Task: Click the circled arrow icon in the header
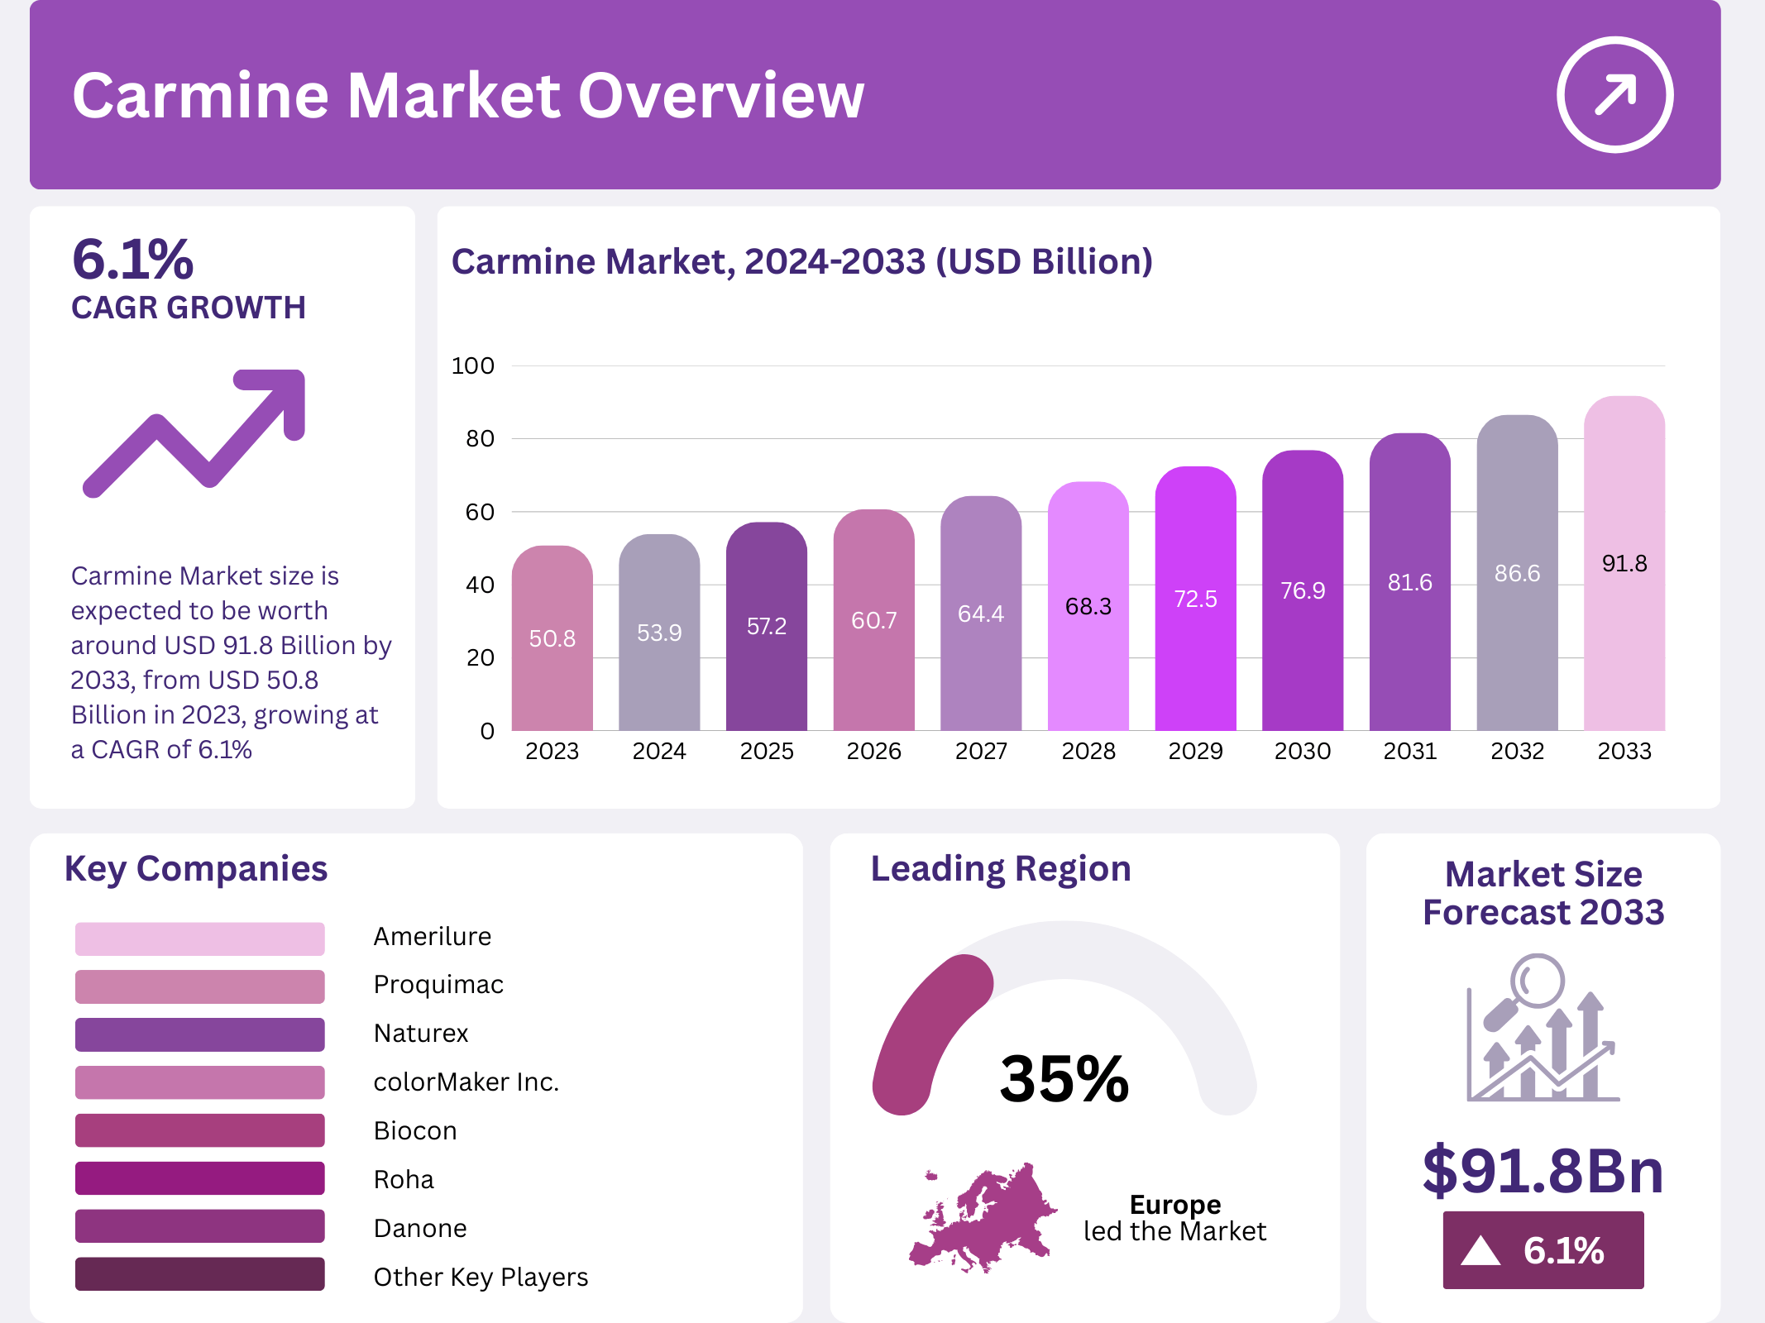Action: coord(1614,95)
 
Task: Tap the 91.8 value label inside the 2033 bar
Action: coord(1624,564)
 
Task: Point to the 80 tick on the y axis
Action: coord(480,439)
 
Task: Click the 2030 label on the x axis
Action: coord(1303,751)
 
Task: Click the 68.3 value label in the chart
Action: coord(1088,607)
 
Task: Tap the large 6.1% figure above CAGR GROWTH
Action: coord(132,260)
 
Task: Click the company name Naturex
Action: coord(421,1034)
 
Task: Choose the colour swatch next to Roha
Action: coord(199,1178)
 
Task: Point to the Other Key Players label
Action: coord(481,1277)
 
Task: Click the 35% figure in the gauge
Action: coord(1064,1079)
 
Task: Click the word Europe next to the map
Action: coord(1174,1204)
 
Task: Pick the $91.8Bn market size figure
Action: coord(1543,1171)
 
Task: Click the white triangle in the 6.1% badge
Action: coord(1480,1250)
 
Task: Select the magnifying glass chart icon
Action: coord(1543,1029)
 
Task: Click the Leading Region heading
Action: coord(1000,869)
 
